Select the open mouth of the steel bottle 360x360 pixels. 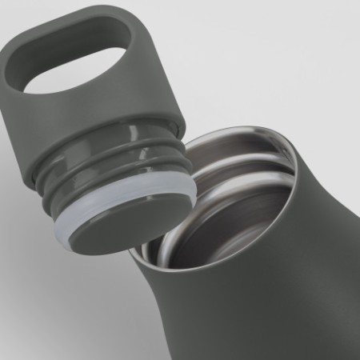[x=232, y=208]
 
